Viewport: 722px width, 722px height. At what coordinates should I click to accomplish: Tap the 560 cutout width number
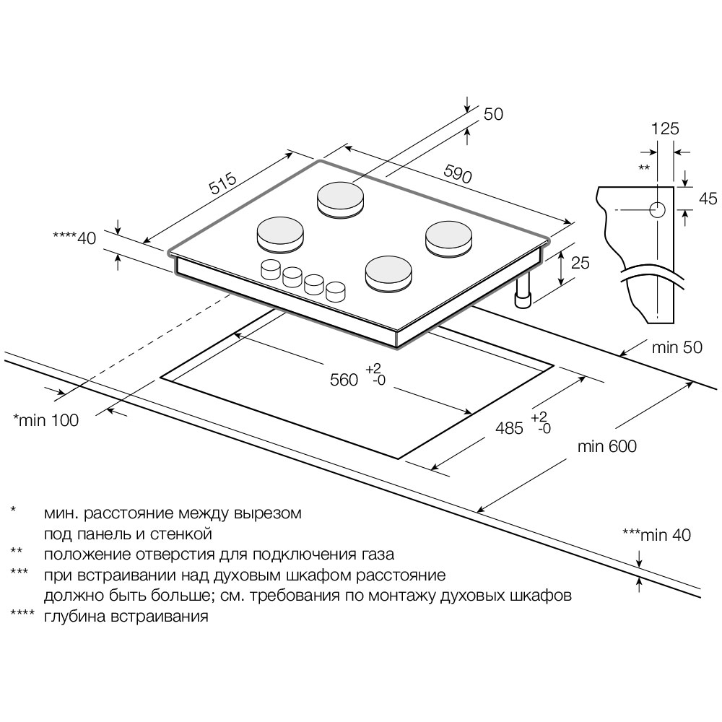pos(344,379)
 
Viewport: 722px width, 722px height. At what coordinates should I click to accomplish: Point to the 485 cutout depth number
pos(509,428)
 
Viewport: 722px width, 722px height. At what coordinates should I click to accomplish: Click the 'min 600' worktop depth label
pos(607,447)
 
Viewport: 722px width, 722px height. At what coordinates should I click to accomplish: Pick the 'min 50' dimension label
pos(677,347)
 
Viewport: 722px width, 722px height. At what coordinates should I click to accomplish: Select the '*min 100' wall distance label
pos(46,419)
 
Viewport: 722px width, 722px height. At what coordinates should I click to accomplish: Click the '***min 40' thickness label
pos(656,535)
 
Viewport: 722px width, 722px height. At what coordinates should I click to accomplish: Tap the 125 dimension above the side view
pos(665,129)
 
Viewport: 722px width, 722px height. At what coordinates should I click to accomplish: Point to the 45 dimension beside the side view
pos(708,199)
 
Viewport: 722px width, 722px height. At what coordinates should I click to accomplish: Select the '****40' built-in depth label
pos(74,238)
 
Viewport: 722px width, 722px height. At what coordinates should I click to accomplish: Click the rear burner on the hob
pos(342,198)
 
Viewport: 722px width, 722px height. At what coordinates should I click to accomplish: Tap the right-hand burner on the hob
pos(448,237)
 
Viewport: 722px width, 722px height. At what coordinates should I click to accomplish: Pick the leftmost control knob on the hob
pos(271,269)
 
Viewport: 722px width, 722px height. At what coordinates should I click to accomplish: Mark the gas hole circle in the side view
pos(658,210)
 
